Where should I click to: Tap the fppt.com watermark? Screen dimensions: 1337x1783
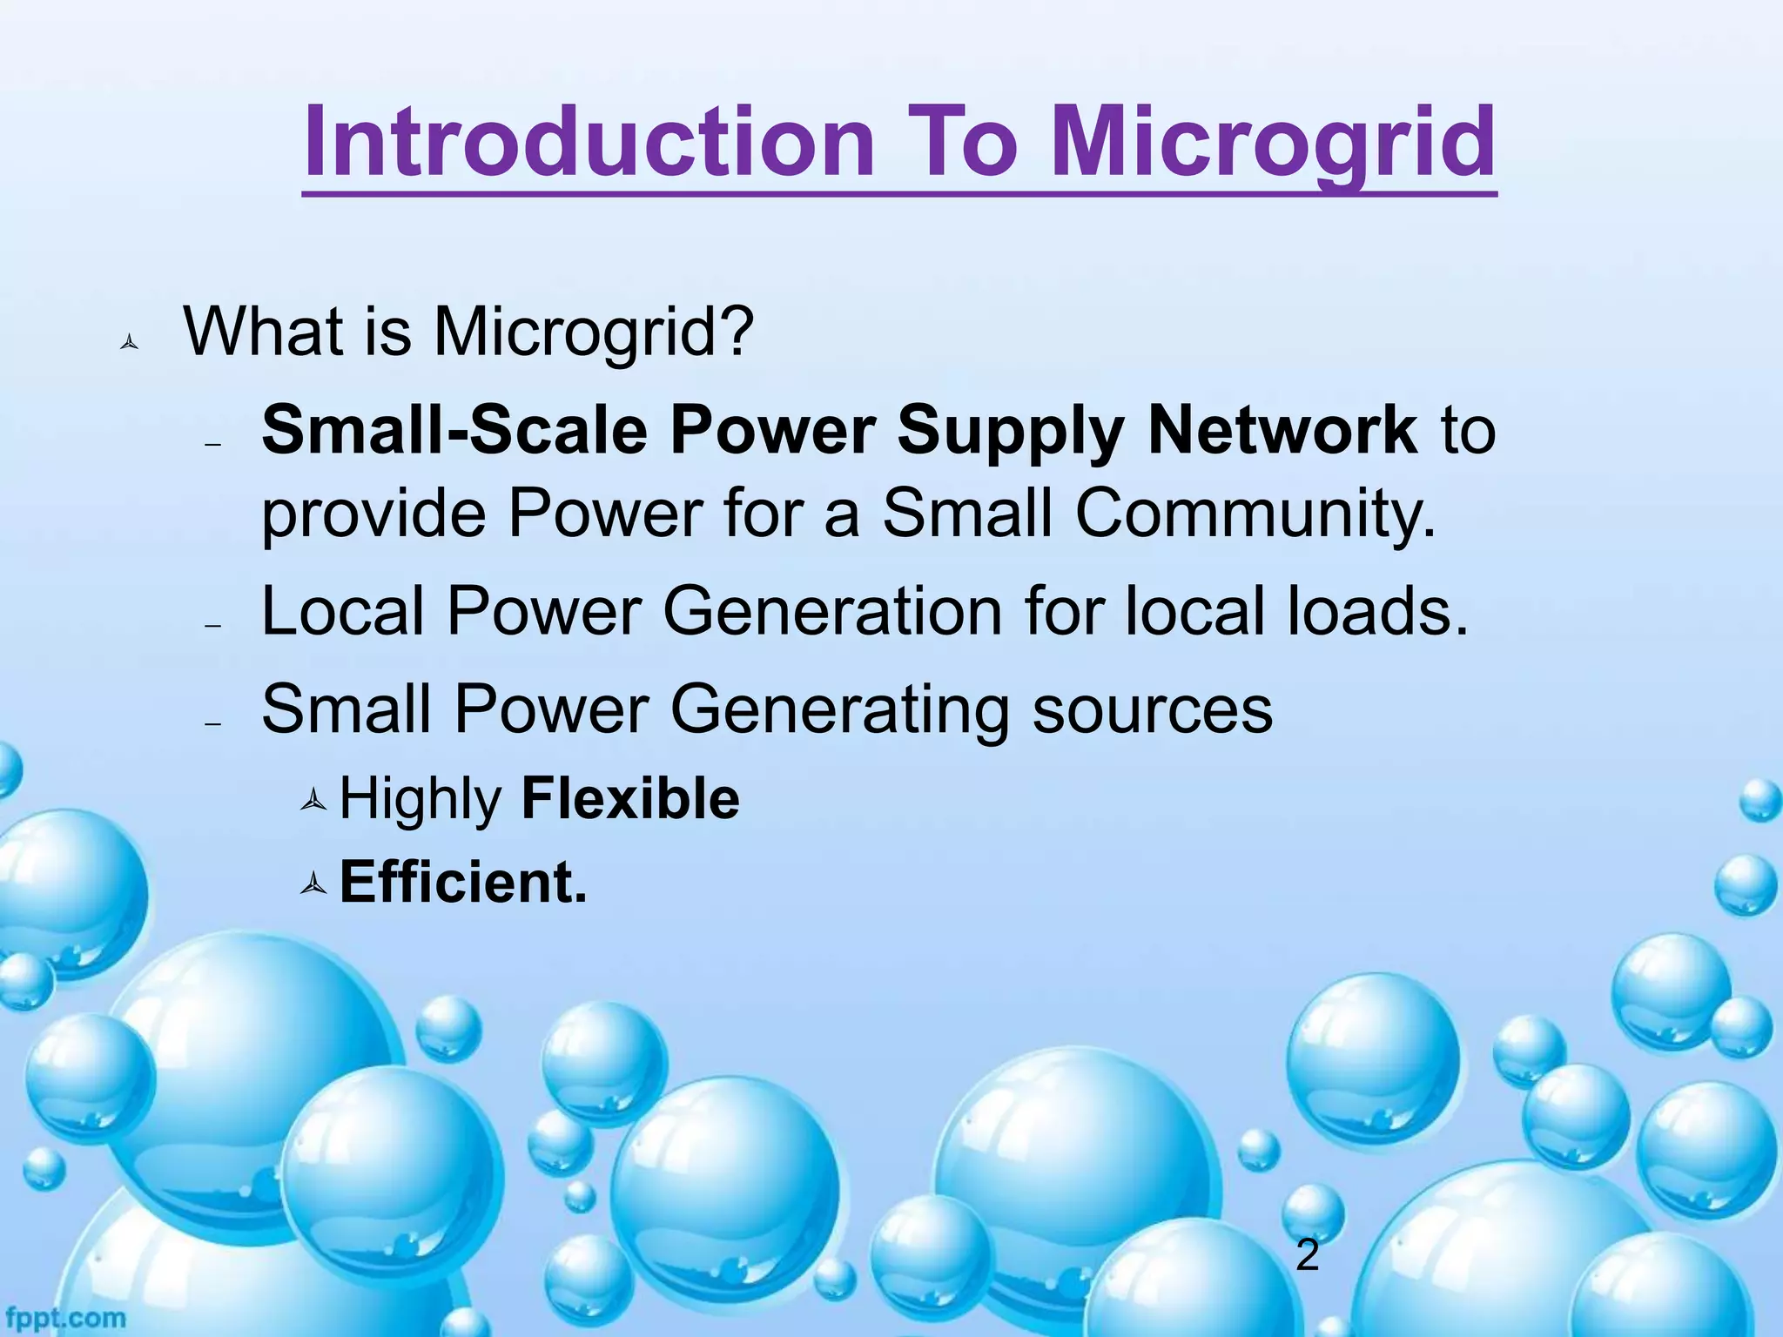click(x=64, y=1317)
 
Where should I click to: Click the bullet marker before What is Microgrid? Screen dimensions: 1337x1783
click(x=129, y=343)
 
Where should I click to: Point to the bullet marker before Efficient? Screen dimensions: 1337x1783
click(x=313, y=885)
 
